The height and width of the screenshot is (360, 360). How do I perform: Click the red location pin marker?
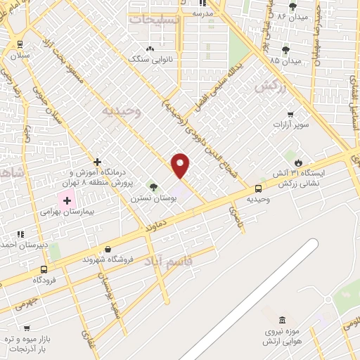(x=181, y=165)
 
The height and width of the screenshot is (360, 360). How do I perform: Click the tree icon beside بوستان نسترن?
(x=153, y=187)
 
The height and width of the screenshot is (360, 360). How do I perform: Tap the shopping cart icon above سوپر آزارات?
(x=290, y=114)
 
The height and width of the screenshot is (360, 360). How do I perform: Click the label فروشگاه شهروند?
(x=106, y=259)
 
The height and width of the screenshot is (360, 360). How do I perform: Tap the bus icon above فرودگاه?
(x=45, y=269)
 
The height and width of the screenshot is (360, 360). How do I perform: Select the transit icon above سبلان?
(x=19, y=43)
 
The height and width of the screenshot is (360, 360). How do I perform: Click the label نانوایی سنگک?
(x=148, y=60)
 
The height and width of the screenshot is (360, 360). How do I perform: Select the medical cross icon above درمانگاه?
(x=97, y=162)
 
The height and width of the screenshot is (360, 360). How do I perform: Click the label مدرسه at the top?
(x=202, y=13)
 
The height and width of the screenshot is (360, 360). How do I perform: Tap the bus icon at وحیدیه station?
(x=259, y=188)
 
